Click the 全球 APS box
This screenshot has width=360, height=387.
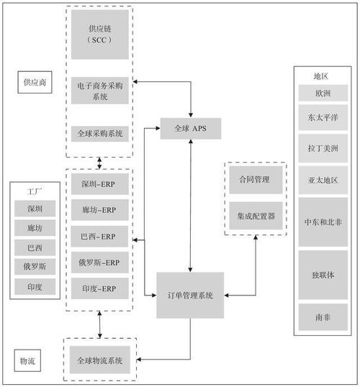click(x=190, y=129)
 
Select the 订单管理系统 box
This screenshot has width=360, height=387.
click(x=189, y=294)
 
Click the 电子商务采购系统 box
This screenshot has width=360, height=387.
click(x=100, y=91)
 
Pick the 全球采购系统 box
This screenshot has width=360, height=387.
click(x=100, y=134)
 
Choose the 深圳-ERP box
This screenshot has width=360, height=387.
click(x=100, y=185)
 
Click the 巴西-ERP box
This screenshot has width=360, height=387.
click(x=100, y=237)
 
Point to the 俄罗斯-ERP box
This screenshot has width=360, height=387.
click(x=100, y=263)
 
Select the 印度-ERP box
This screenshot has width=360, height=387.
click(x=100, y=288)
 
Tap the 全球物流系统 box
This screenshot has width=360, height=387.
click(x=100, y=360)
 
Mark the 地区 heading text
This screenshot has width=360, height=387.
click(x=320, y=76)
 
